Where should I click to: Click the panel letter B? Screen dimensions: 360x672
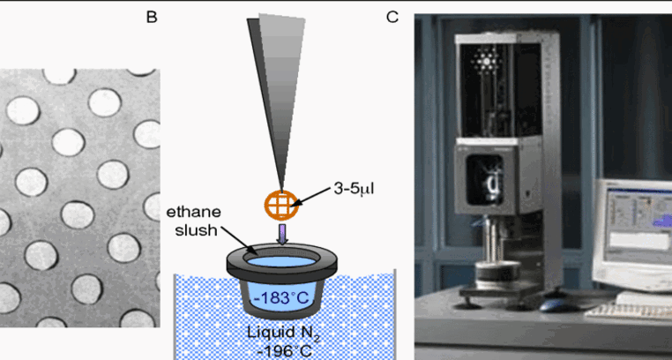[152, 16]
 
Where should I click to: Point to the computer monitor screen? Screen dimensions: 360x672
[632, 225]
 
